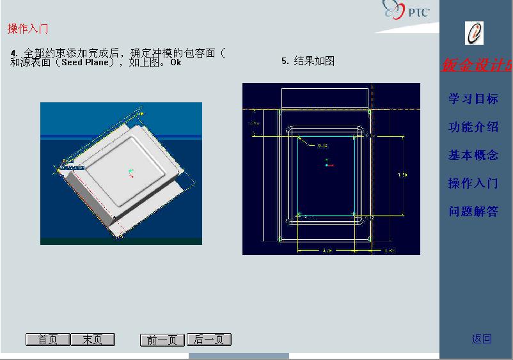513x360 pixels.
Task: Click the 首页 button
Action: (48, 340)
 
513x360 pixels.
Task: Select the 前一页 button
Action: (162, 340)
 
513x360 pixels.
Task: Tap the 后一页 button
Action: (209, 340)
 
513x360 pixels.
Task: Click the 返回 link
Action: (482, 339)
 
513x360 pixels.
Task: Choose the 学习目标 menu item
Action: (473, 98)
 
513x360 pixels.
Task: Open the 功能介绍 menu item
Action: (473, 127)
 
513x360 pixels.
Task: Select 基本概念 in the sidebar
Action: (473, 155)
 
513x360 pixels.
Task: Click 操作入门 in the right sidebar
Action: (473, 183)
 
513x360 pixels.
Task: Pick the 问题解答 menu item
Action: (473, 211)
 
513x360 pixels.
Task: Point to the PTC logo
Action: (407, 11)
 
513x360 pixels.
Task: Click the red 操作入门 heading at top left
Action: (28, 29)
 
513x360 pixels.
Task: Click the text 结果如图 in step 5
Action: (314, 61)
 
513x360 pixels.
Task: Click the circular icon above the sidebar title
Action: (474, 33)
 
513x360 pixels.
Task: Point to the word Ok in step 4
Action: (176, 63)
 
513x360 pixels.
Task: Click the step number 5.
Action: (285, 61)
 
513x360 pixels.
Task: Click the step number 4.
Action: (13, 52)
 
